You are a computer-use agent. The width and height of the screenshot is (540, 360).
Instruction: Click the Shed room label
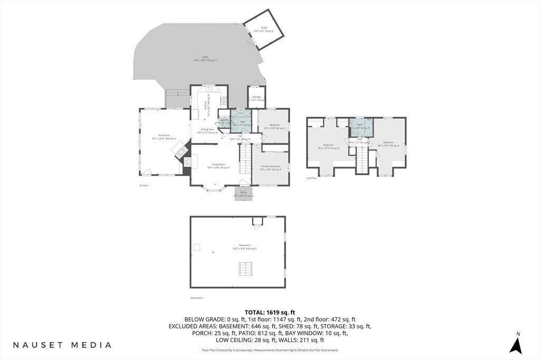click(x=264, y=29)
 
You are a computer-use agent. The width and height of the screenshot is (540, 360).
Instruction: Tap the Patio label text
click(x=205, y=59)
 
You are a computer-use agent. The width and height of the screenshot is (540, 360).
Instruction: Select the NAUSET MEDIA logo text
click(x=62, y=345)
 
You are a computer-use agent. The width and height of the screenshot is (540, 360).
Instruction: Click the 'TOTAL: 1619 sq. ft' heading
click(x=270, y=312)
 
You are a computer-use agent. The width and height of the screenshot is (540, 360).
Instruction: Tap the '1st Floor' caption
click(x=144, y=186)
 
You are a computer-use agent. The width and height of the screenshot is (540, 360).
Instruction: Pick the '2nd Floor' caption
click(x=312, y=178)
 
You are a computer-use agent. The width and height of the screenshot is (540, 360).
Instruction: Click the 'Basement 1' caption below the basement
click(x=197, y=298)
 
